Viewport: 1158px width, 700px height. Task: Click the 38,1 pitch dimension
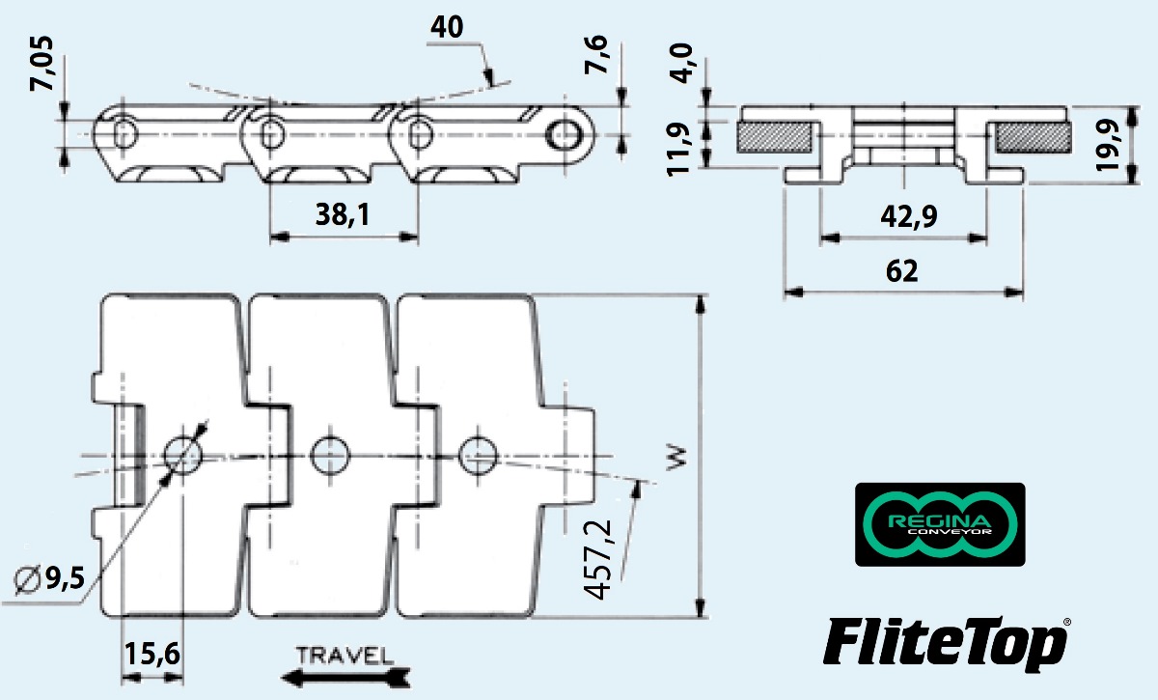(342, 216)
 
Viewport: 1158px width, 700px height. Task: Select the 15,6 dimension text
(152, 656)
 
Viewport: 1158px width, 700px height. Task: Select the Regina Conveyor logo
(940, 523)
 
